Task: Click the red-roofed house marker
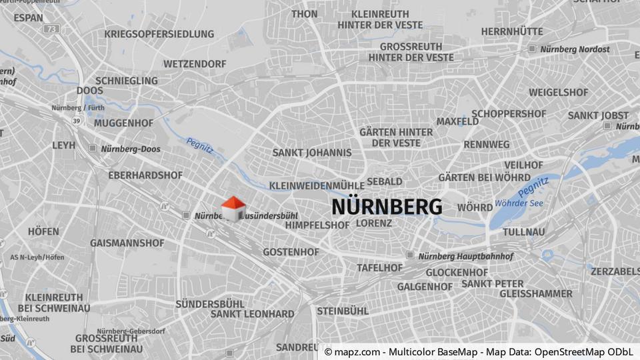tap(233, 208)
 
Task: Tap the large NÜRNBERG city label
tap(387, 207)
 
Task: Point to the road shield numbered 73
tap(52, 29)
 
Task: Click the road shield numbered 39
tap(77, 121)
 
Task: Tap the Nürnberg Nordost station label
tap(575, 49)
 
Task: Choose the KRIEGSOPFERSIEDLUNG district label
tap(159, 34)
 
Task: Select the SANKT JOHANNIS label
tap(311, 153)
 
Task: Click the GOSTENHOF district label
tap(291, 252)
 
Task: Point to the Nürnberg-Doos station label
tap(130, 149)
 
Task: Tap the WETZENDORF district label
tap(195, 64)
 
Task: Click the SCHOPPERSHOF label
tap(509, 113)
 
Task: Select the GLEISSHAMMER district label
tap(535, 293)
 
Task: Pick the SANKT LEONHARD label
tap(252, 314)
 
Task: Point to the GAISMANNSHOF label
tap(127, 243)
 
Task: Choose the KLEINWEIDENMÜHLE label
tap(317, 185)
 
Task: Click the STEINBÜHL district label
tap(342, 311)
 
